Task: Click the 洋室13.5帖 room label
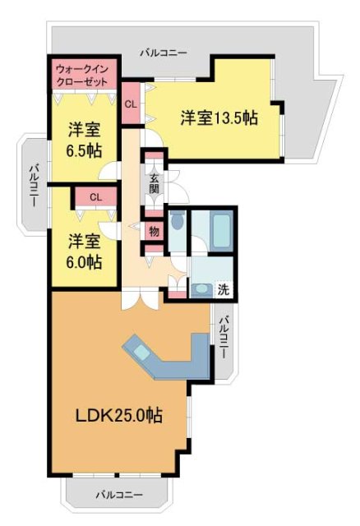(x=219, y=118)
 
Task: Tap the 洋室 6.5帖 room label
(x=85, y=139)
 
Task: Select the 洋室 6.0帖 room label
(x=85, y=251)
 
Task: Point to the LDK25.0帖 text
(x=118, y=416)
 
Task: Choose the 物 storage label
(x=155, y=231)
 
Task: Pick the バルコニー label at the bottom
(x=118, y=496)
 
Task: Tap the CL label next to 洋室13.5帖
(x=131, y=104)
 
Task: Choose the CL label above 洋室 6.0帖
(x=95, y=197)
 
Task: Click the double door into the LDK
(x=138, y=299)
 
